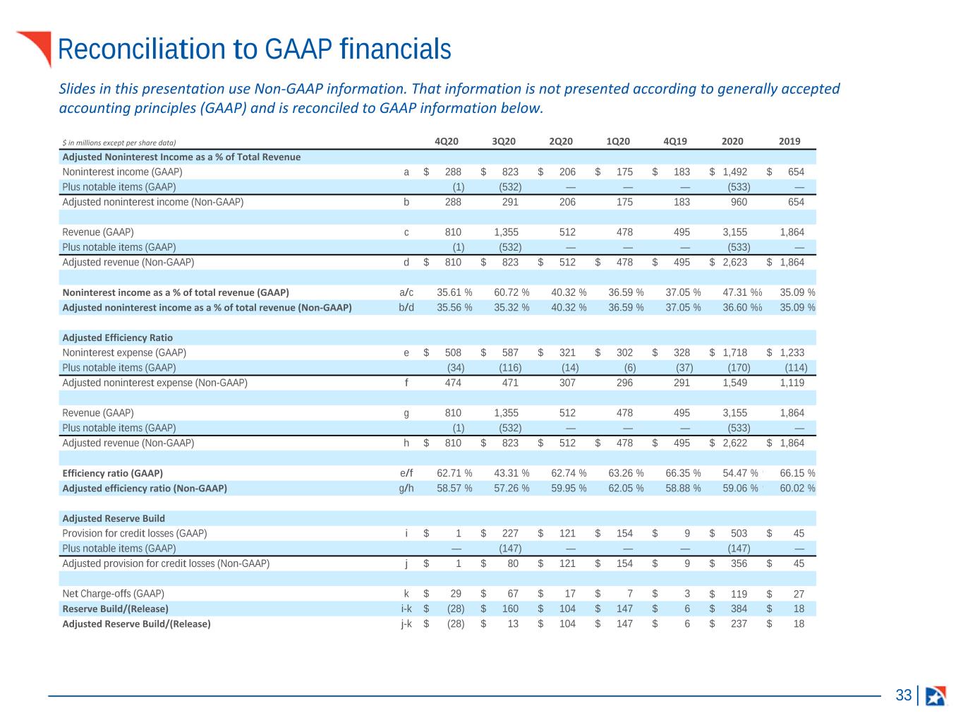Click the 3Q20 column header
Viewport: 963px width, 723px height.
click(503, 141)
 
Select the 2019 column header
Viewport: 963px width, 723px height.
click(789, 141)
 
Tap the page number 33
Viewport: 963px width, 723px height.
click(903, 695)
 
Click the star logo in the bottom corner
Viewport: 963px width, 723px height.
click(935, 695)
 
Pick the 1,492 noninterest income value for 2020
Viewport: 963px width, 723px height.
click(735, 172)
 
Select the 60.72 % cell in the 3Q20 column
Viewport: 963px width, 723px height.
click(511, 292)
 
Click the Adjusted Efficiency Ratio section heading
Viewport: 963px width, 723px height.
click(118, 337)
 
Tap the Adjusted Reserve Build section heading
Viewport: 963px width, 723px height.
click(114, 518)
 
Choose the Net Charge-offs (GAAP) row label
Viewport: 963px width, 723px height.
click(113, 594)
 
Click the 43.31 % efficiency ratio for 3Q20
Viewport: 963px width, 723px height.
click(511, 473)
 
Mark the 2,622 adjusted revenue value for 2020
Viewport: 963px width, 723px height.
click(735, 443)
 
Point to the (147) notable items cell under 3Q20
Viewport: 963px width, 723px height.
click(510, 549)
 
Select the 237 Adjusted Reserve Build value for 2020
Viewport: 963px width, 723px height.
click(739, 623)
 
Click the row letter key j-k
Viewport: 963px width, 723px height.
click(406, 623)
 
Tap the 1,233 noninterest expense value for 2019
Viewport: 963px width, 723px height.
click(792, 352)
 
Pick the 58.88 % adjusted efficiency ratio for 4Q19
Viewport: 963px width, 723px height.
click(683, 488)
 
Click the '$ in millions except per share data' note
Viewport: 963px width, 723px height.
click(119, 143)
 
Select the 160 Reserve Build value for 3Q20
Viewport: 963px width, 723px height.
click(510, 609)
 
